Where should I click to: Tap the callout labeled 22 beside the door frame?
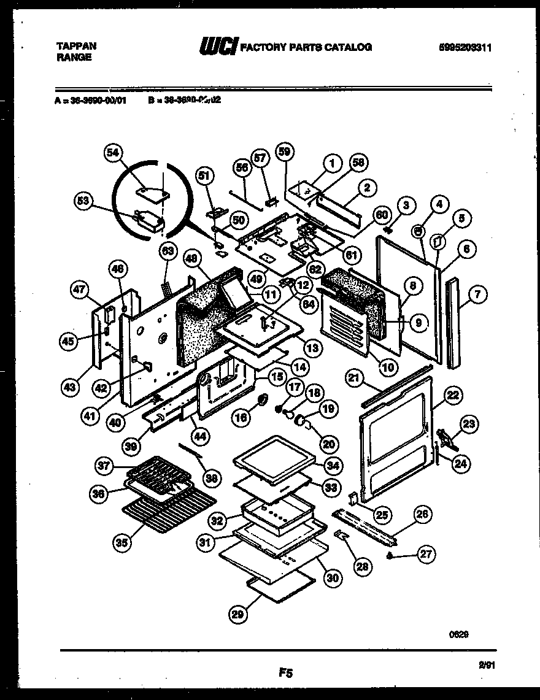453,396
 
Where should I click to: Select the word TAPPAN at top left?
75,46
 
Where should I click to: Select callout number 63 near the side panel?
168,250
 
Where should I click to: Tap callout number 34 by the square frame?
332,466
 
